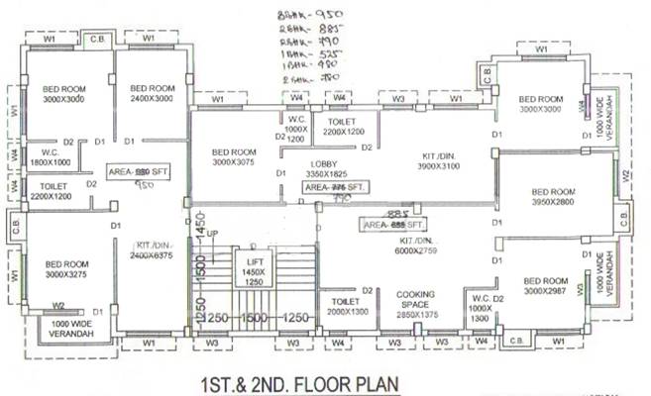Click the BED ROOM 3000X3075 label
[x=234, y=157]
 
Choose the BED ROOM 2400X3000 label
[x=152, y=92]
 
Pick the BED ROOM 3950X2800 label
[x=554, y=197]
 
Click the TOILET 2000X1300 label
[x=345, y=306]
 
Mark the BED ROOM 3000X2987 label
[x=547, y=286]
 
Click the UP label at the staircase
[x=210, y=234]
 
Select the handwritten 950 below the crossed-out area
[x=146, y=185]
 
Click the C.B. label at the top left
[x=97, y=39]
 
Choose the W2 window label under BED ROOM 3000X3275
[x=58, y=306]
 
